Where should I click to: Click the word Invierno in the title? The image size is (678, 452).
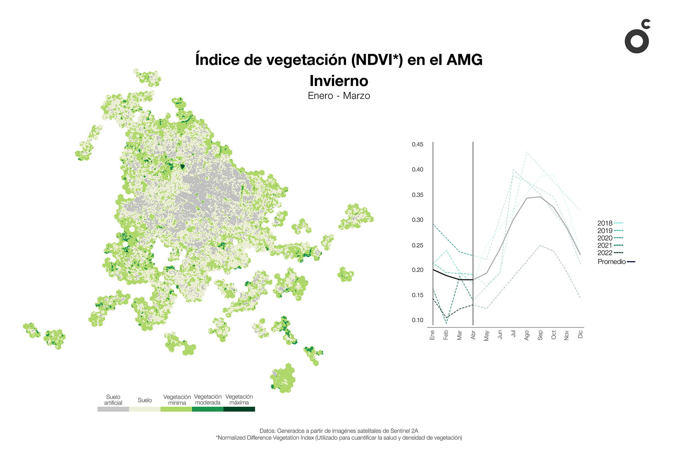tap(339, 81)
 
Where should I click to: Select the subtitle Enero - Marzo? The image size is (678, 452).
tap(339, 96)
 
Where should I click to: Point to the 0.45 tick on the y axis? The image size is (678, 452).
tap(417, 144)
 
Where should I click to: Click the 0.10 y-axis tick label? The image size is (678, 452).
tap(417, 320)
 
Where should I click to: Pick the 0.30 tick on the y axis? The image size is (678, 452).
tap(417, 220)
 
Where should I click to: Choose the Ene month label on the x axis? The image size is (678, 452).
tap(432, 335)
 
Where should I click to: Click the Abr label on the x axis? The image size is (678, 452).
tap(473, 335)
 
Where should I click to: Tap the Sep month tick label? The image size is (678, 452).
tap(540, 335)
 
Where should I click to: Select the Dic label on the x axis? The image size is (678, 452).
tap(580, 334)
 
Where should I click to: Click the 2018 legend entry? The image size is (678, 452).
tap(609, 223)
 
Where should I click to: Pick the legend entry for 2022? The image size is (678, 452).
tap(609, 253)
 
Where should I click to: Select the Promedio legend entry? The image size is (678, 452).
tap(616, 262)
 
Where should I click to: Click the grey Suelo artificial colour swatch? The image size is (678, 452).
tap(113, 409)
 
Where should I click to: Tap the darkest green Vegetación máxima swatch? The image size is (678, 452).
tap(239, 409)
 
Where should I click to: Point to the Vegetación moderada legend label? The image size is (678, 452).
tap(208, 400)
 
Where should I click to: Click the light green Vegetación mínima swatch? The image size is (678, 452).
tap(176, 409)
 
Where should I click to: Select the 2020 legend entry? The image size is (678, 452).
tap(609, 238)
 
